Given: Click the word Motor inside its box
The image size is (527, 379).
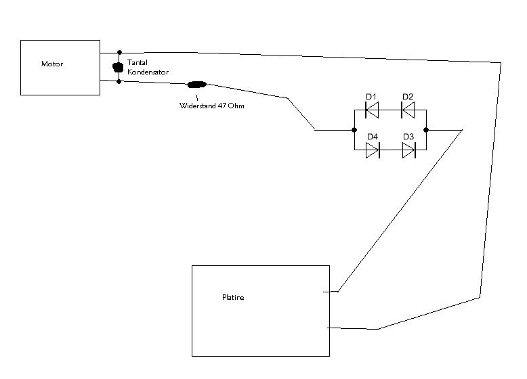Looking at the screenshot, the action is point(52,64).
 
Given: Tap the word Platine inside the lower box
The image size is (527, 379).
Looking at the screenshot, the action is point(233,297).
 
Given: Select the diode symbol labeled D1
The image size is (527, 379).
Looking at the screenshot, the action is point(372,110).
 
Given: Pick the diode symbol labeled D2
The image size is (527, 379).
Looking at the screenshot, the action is point(408,110).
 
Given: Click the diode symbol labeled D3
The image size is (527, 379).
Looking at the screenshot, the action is point(409,150).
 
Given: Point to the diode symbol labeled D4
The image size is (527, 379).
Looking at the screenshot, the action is point(373,150).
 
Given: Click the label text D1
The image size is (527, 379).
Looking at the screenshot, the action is point(371,97).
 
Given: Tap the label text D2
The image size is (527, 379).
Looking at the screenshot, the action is point(408,97).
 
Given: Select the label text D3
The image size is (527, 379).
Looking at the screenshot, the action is point(408,137).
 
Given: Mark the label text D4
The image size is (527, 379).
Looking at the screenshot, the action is point(373,137).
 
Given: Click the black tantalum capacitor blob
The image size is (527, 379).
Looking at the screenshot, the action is point(118,67).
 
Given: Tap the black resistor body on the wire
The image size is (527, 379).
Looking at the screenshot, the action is point(197,85).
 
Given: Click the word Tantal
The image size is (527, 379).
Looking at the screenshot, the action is point(138,62).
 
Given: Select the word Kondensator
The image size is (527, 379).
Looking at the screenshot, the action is point(148,72).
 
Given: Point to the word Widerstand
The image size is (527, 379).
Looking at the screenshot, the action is point(198,106).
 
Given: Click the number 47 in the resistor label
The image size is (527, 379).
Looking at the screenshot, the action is point(222,106).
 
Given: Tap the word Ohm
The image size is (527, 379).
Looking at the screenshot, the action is point(236,106).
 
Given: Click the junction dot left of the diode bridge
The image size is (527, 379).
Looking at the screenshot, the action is point(354,130).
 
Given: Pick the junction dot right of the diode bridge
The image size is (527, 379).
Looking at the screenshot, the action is point(426,130).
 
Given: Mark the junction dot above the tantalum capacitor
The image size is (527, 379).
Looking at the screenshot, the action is point(119,52).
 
